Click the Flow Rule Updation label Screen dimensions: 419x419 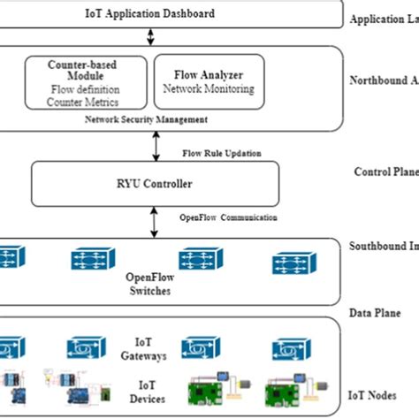(221, 153)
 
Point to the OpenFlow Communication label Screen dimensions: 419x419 (228, 217)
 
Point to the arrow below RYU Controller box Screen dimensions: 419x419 (154, 220)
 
